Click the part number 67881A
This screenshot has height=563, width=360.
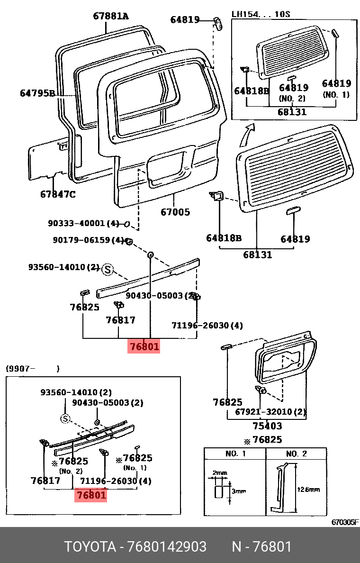pos(111,16)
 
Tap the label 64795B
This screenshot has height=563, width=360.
pos(37,93)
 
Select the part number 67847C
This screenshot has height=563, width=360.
pos(58,194)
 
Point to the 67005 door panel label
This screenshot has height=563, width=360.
pos(175,212)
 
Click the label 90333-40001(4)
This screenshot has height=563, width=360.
pos(83,223)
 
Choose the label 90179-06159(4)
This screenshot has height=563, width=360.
pos(88,240)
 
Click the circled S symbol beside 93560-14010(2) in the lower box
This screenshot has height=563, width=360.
pos(65,418)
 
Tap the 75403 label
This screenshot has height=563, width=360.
pos(267,426)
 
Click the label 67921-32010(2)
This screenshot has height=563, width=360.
pos(270,412)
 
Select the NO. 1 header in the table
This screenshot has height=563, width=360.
pos(235,454)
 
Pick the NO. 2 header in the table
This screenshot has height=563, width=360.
pos(296,454)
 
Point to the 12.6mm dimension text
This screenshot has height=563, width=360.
pos(308,490)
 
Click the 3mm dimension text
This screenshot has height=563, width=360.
pos(239,491)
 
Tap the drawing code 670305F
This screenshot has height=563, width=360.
pos(344,522)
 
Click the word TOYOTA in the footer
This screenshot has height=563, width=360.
pos(90,546)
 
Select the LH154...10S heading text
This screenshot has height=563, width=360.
pos(261,14)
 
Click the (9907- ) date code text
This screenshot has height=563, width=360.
pos(33,368)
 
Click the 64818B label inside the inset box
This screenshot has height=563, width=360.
pos(252,91)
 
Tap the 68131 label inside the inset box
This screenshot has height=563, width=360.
pos(292,112)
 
